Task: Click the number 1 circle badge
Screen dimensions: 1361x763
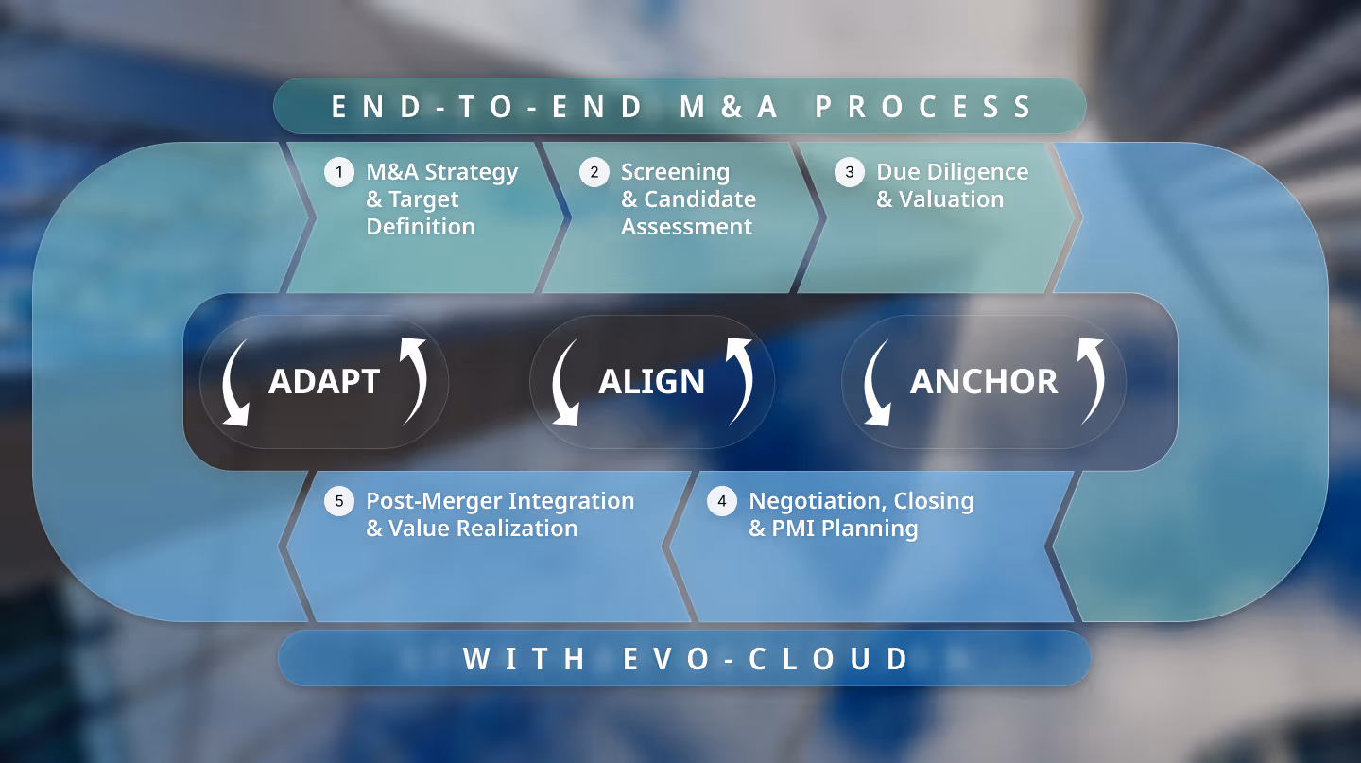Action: tap(339, 172)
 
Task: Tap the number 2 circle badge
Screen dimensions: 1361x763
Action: tap(594, 172)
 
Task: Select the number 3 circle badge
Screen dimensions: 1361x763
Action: tap(850, 172)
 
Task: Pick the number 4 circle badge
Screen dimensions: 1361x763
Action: tap(722, 501)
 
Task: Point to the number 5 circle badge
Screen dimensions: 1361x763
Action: tap(339, 501)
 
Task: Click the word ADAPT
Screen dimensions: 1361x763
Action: tap(324, 381)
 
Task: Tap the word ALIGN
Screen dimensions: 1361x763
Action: tap(651, 381)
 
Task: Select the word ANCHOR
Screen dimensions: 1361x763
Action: tap(984, 381)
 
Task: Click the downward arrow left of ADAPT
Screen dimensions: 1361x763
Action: tap(233, 383)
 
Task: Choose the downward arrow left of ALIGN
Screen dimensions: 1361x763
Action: tap(563, 383)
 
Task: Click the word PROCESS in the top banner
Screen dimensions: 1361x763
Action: tap(925, 107)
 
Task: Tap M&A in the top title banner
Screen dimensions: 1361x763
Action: tap(729, 107)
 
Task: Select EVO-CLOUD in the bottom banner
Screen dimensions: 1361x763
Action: tap(767, 659)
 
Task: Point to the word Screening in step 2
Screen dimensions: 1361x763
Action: tap(675, 172)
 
